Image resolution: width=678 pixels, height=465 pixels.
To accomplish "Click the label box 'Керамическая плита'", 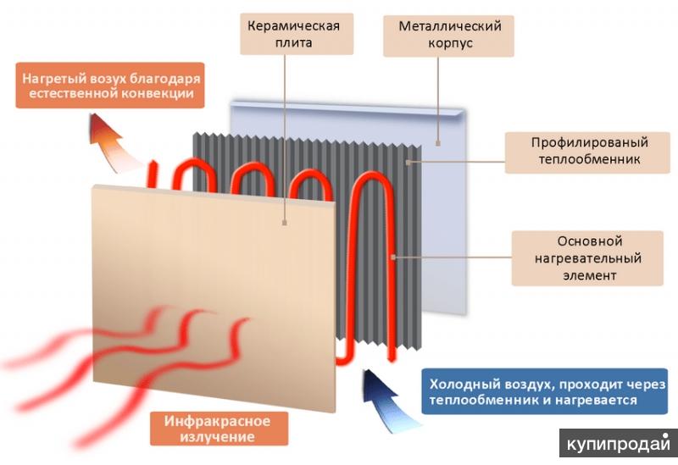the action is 297,34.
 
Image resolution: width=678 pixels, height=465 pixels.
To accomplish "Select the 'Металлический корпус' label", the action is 448,36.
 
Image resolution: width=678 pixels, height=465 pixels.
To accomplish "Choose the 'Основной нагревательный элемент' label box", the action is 587,258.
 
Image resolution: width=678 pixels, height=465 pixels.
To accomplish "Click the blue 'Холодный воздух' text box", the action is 545,391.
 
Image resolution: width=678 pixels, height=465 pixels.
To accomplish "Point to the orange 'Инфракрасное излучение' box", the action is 219,429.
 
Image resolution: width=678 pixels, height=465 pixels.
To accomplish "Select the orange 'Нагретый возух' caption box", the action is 110,86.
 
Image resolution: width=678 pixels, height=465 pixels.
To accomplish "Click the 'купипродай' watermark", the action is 619,443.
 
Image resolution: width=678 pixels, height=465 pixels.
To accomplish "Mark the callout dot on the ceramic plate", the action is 285,223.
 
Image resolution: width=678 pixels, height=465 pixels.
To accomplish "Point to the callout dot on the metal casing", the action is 438,143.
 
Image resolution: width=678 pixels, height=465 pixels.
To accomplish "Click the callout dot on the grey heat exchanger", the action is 408,163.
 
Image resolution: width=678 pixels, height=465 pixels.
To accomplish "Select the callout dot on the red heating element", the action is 393,257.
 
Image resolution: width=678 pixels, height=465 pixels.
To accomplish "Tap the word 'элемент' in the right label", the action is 589,275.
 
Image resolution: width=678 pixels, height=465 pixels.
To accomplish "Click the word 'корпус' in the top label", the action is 450,43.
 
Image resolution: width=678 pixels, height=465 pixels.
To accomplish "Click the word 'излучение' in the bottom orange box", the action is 218,436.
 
